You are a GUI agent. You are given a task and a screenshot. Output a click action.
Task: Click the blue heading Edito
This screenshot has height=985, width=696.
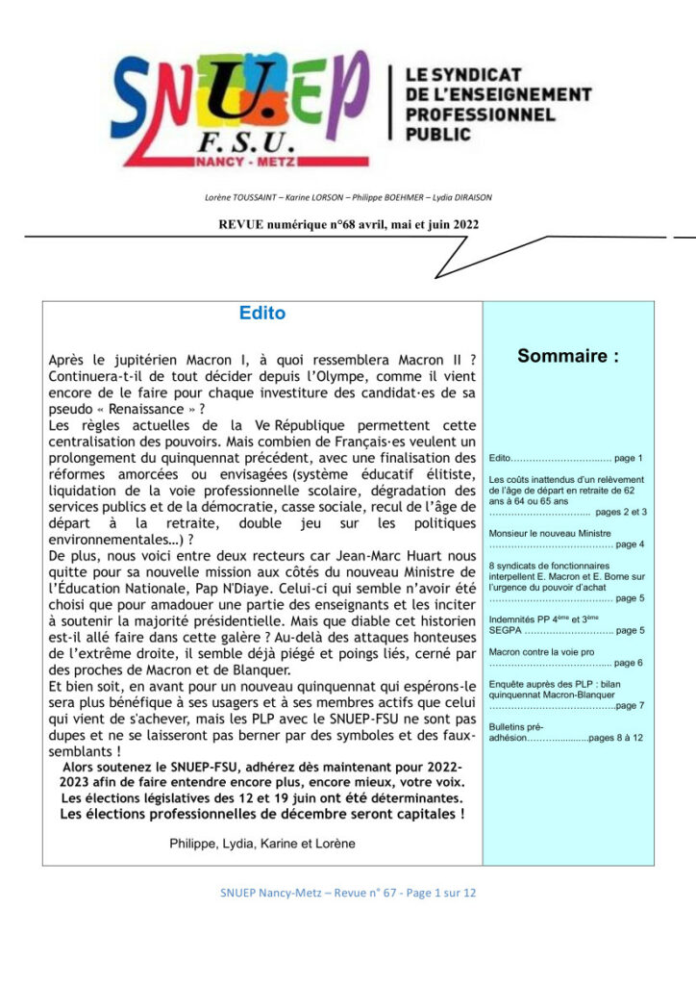(261, 314)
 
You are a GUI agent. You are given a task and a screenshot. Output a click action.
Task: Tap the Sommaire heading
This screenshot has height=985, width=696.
(568, 356)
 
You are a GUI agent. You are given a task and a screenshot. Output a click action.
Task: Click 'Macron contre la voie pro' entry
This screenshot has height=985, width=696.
(541, 651)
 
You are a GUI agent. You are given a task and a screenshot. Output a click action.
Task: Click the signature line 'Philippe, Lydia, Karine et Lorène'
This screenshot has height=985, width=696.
(261, 844)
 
